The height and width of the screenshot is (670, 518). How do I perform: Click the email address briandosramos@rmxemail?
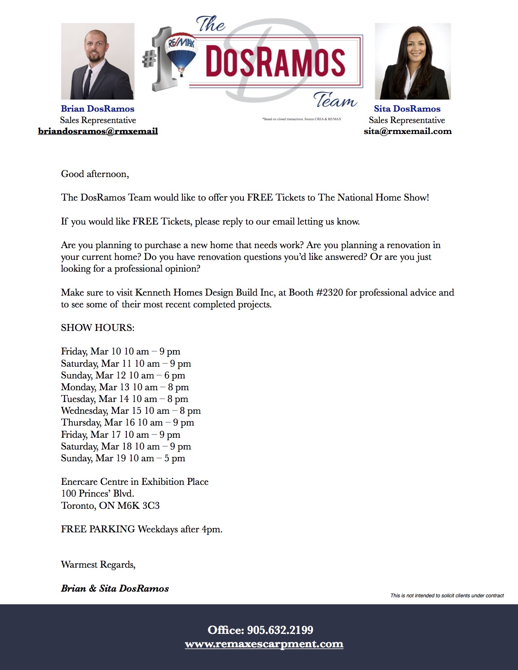98,131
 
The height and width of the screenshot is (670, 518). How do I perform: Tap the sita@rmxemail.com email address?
407,131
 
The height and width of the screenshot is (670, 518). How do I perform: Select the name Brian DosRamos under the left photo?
98,109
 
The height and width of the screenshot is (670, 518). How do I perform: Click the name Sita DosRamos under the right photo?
407,109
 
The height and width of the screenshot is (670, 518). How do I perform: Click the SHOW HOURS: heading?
98,328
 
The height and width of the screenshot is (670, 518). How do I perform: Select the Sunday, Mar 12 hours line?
123,375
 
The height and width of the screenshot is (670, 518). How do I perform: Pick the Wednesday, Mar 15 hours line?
131,411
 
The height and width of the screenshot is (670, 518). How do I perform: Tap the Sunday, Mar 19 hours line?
123,458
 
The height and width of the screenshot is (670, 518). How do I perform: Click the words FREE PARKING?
98,530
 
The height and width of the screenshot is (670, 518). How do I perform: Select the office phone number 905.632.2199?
280,630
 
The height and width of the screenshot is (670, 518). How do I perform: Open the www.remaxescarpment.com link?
264,644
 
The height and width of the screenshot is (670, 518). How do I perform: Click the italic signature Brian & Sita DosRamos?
115,589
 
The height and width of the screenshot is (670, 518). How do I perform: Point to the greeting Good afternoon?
95,174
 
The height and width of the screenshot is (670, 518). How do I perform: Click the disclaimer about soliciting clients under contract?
447,596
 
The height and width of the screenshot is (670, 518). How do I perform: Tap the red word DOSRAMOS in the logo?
275,62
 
